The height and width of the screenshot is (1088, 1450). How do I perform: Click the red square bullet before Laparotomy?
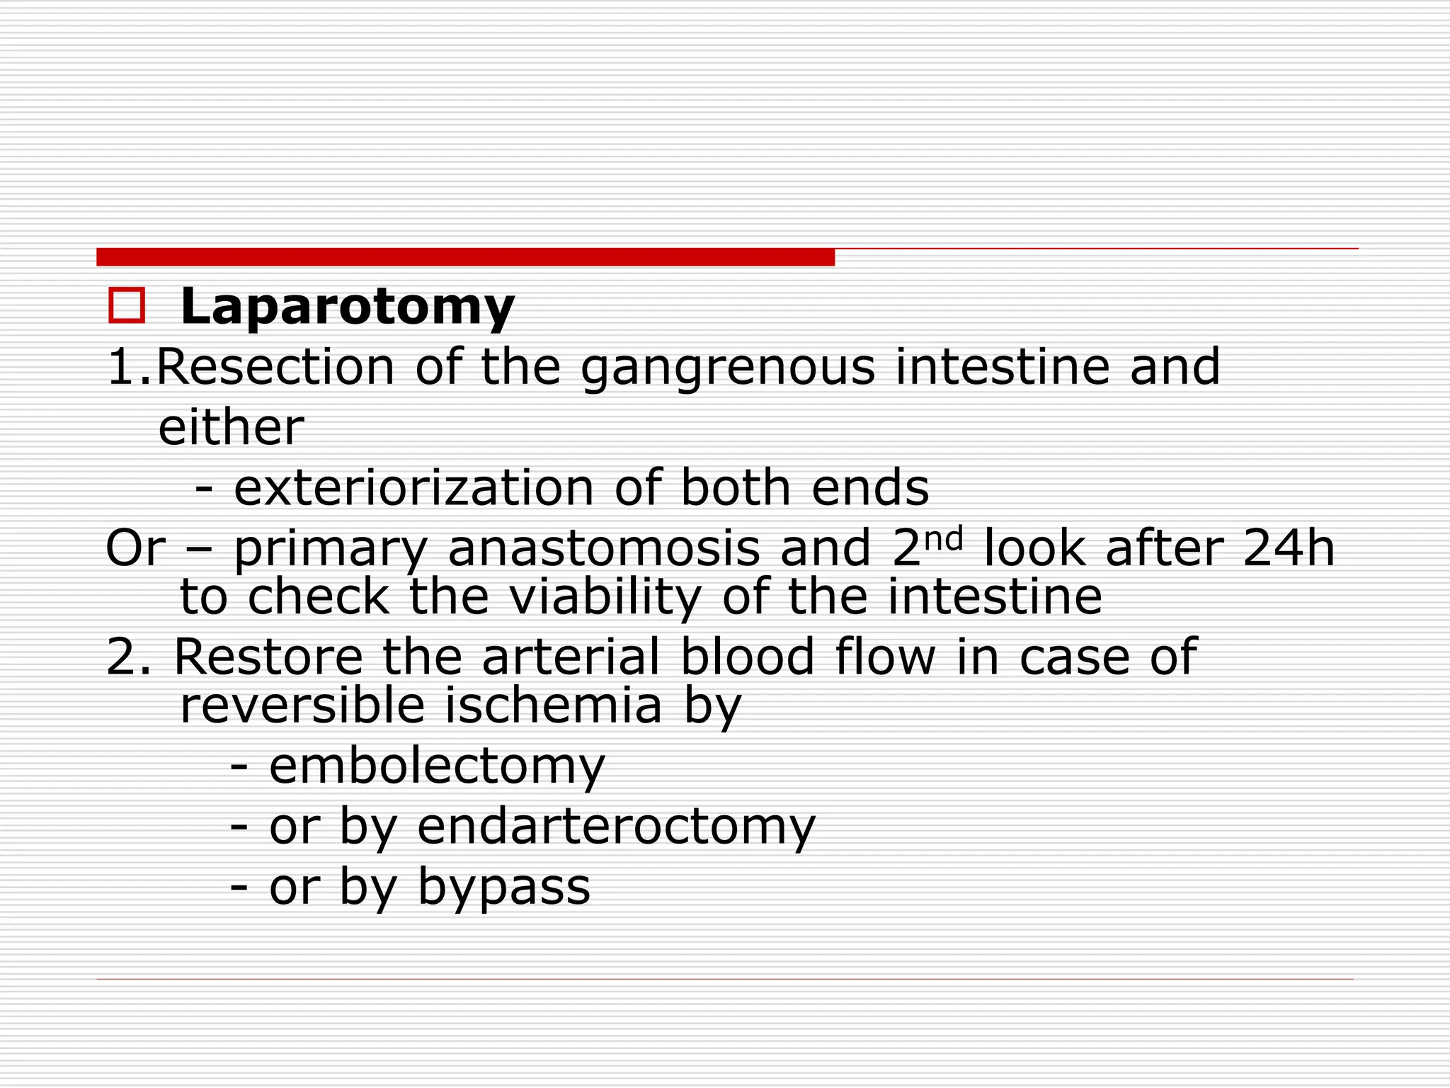[127, 305]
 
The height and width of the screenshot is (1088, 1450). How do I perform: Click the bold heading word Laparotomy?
[347, 307]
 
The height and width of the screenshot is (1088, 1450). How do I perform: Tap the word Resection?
[275, 367]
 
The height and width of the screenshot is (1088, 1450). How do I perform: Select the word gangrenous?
[728, 368]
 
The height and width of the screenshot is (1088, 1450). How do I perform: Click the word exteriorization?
[413, 488]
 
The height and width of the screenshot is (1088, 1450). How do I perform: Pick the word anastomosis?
[603, 549]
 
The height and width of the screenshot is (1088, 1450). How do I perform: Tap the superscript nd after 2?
[944, 538]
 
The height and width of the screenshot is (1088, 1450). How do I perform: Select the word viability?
[605, 597]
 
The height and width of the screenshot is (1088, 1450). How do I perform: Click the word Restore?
[268, 656]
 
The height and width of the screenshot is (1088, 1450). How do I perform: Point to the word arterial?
[571, 656]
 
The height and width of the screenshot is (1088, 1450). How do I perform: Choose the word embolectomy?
[437, 766]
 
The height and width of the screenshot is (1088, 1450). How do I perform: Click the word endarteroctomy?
[616, 827]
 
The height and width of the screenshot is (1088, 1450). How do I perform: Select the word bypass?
[503, 888]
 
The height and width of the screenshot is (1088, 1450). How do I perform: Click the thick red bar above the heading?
[465, 257]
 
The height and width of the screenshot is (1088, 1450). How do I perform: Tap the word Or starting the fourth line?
[135, 548]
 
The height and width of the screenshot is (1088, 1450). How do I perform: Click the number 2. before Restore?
[128, 657]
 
